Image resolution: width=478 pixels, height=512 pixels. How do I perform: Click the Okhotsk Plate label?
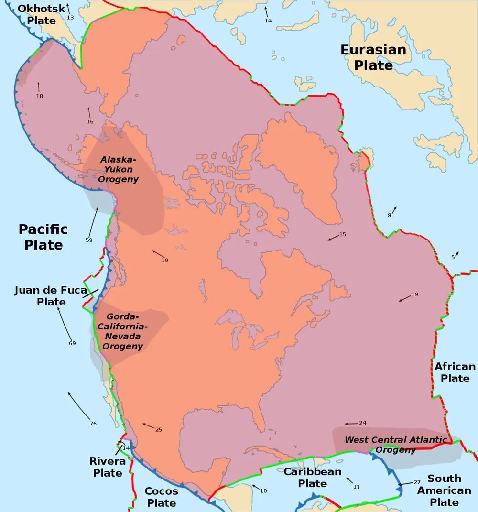point(41,15)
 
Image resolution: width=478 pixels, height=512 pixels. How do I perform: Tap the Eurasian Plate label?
point(373,57)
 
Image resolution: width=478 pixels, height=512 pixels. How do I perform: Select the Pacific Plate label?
point(43,237)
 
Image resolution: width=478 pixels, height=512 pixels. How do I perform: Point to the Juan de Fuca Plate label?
point(51,296)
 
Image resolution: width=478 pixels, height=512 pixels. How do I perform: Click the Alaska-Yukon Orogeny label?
point(118,169)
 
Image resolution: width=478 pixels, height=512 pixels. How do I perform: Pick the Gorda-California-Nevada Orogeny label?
point(123,331)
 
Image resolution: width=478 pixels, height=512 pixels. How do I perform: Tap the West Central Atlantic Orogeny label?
point(396,445)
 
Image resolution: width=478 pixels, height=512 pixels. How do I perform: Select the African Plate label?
point(455,372)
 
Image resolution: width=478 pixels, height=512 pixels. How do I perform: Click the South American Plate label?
point(444,490)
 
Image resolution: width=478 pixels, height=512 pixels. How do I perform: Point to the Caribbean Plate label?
point(313,478)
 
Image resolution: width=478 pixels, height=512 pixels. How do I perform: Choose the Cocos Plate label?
point(161,497)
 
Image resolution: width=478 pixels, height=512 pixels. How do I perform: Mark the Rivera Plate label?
point(108,467)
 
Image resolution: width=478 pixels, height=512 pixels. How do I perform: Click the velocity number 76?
point(93,424)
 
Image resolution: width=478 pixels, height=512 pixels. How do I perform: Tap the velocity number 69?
point(72,343)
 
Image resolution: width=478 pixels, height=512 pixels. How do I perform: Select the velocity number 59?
point(89,240)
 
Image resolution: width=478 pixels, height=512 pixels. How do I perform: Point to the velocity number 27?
point(417,482)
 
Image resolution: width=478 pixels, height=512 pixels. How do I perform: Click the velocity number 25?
point(159,430)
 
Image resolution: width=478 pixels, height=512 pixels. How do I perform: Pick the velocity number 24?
point(362,423)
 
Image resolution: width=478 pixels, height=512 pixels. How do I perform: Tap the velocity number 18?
point(40,96)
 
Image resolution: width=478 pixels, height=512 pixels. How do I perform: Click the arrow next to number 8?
point(394,210)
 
